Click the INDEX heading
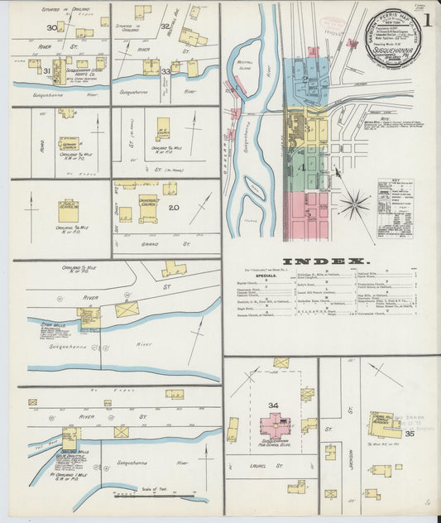coord(330,259)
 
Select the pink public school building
coord(274,425)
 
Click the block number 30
coord(51,27)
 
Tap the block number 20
coord(173,207)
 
